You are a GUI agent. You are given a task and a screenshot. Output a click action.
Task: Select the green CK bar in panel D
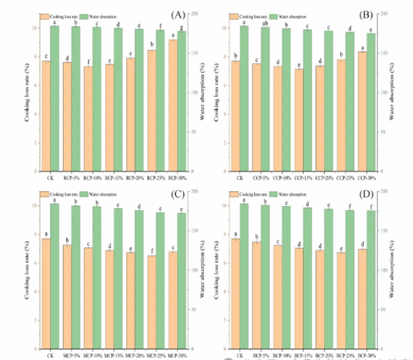pyautogui.click(x=244, y=276)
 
